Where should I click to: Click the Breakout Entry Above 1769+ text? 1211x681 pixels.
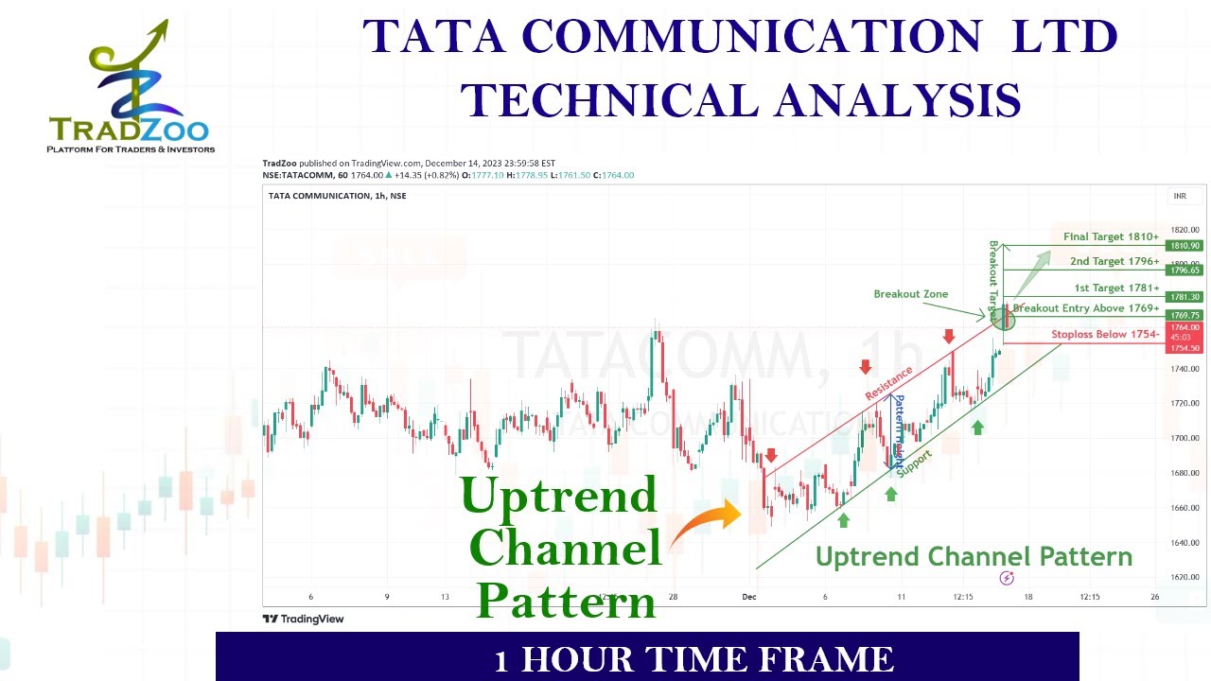coord(1086,308)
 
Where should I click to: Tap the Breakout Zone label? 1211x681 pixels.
coord(910,294)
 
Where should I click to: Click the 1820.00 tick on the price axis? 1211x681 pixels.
coord(1185,230)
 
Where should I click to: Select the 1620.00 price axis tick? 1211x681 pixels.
coord(1185,577)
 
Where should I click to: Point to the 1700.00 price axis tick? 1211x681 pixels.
coord(1185,438)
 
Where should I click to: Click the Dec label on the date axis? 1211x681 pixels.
coord(749,597)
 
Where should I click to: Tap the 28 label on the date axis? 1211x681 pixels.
coord(673,597)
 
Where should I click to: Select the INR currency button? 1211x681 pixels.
coord(1180,196)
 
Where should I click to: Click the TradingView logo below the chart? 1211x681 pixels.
coord(303,619)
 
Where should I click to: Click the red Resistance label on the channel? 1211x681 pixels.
coord(889,382)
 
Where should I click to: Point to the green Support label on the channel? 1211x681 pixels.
coord(914,463)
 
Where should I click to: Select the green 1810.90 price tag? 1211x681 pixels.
coord(1185,246)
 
